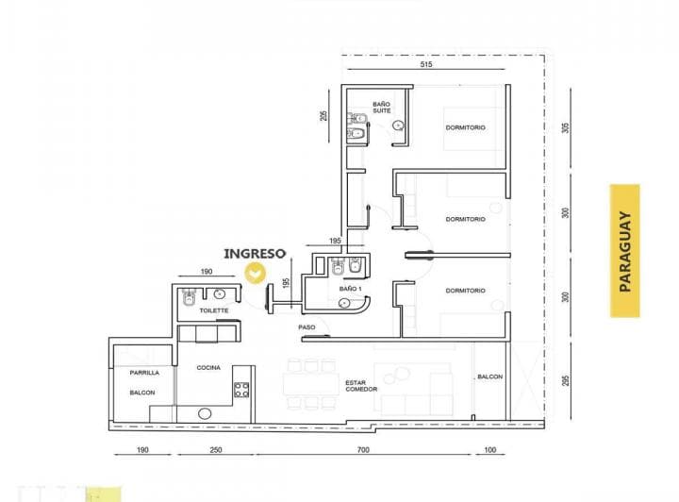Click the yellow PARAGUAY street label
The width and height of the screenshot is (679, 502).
tap(624, 250)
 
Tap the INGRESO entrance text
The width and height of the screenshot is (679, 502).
tap(255, 254)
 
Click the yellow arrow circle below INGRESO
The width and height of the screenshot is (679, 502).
tap(255, 273)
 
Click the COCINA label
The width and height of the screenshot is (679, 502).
tap(208, 368)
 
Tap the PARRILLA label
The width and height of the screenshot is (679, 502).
tap(144, 372)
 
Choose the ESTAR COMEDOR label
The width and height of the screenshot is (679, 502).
tap(360, 386)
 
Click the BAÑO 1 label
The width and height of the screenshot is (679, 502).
tap(350, 289)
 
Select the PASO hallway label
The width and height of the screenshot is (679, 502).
tap(306, 327)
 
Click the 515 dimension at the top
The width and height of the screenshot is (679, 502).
tap(426, 64)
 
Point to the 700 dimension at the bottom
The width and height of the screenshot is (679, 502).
tap(364, 451)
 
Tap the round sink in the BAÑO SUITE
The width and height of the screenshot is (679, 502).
tap(399, 125)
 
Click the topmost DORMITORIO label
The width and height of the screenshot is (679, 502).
tap(466, 128)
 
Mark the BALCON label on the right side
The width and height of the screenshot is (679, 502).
tap(489, 377)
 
